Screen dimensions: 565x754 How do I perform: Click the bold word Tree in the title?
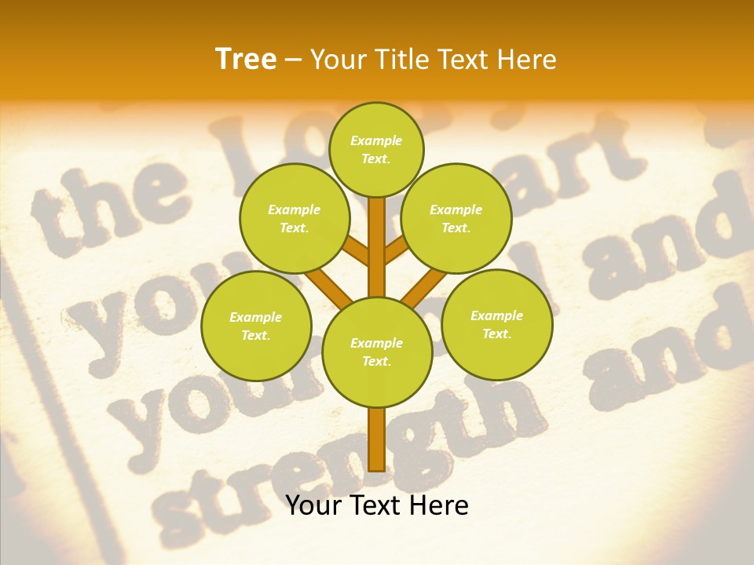click(246, 59)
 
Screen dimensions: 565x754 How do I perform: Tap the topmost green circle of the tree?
click(376, 149)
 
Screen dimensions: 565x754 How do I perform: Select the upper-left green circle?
click(295, 218)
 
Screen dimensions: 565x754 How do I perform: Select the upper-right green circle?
click(456, 218)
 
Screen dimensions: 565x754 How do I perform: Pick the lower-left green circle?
click(256, 326)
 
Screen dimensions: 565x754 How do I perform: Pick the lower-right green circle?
click(497, 324)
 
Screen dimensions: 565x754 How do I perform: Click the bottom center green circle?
click(377, 352)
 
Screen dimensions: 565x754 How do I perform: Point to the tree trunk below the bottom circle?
click(376, 439)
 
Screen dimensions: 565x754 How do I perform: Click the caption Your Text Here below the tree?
click(377, 505)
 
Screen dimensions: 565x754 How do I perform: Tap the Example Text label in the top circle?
click(376, 149)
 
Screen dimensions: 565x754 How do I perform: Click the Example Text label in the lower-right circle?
click(496, 324)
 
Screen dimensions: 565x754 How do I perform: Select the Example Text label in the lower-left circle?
click(255, 326)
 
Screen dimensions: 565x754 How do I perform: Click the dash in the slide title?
click(294, 60)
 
